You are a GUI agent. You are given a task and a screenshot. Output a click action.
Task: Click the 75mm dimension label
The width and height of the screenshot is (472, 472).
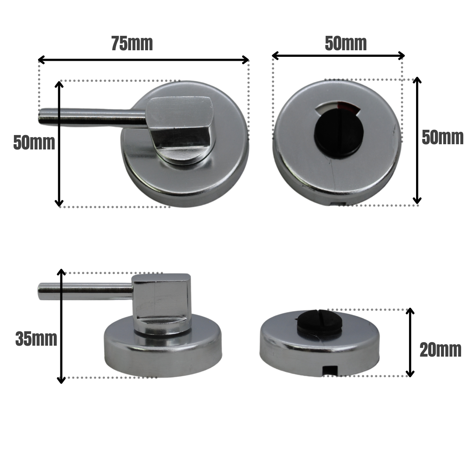pyautogui.click(x=132, y=44)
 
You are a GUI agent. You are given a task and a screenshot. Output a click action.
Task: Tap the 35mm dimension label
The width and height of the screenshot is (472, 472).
pyautogui.click(x=36, y=339)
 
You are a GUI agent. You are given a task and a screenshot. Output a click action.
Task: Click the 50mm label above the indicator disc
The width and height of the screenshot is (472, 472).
pyautogui.click(x=346, y=44)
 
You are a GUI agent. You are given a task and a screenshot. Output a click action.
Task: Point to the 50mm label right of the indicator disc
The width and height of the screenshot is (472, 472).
pyautogui.click(x=442, y=138)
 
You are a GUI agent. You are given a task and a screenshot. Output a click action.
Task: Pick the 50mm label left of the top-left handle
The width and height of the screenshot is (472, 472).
pyautogui.click(x=34, y=143)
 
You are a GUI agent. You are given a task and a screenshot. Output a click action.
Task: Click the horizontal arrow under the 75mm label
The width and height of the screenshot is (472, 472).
pyautogui.click(x=143, y=60)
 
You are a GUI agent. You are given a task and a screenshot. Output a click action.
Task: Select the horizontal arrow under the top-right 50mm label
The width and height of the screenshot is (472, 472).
pyautogui.click(x=338, y=56)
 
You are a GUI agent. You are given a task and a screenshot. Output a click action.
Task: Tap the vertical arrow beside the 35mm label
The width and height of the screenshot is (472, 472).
pyautogui.click(x=62, y=326)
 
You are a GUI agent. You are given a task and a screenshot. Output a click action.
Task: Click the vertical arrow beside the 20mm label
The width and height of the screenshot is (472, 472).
pyautogui.click(x=410, y=342)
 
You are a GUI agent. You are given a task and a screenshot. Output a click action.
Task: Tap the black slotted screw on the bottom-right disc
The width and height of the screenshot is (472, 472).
pyautogui.click(x=319, y=322)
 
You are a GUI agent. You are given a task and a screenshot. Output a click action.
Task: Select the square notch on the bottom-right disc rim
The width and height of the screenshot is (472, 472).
pyautogui.click(x=330, y=370)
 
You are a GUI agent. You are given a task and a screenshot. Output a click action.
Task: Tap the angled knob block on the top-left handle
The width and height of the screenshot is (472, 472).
pyautogui.click(x=180, y=125)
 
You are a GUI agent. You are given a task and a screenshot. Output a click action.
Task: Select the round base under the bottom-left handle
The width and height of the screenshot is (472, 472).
pyautogui.click(x=162, y=350)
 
